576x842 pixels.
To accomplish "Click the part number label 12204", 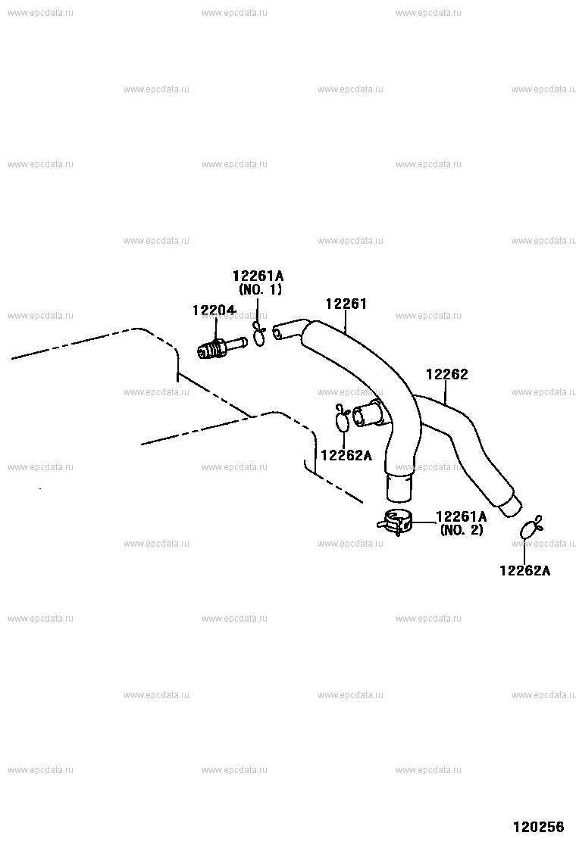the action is (214, 310).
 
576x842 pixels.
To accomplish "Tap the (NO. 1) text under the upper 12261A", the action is (260, 289).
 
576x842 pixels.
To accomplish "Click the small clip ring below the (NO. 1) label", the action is (259, 335).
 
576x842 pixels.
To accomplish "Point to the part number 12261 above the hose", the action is (346, 304).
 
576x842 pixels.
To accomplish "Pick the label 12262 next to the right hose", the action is (447, 374).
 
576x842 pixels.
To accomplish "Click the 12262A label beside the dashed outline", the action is (346, 455).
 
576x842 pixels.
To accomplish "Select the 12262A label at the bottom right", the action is (525, 570).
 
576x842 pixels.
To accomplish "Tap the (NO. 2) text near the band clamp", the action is (462, 530).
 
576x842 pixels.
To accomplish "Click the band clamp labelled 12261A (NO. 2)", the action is (396, 522).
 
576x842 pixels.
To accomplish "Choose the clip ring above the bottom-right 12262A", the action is (531, 527).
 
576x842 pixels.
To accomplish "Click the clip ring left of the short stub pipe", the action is (343, 417).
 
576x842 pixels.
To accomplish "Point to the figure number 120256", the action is (538, 826).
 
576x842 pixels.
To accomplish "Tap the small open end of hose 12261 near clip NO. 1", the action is (278, 332).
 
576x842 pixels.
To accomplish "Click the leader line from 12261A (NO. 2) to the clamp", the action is (424, 522).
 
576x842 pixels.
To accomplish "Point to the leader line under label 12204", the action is (216, 329).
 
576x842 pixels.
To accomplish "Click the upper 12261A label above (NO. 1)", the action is (258, 276).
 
